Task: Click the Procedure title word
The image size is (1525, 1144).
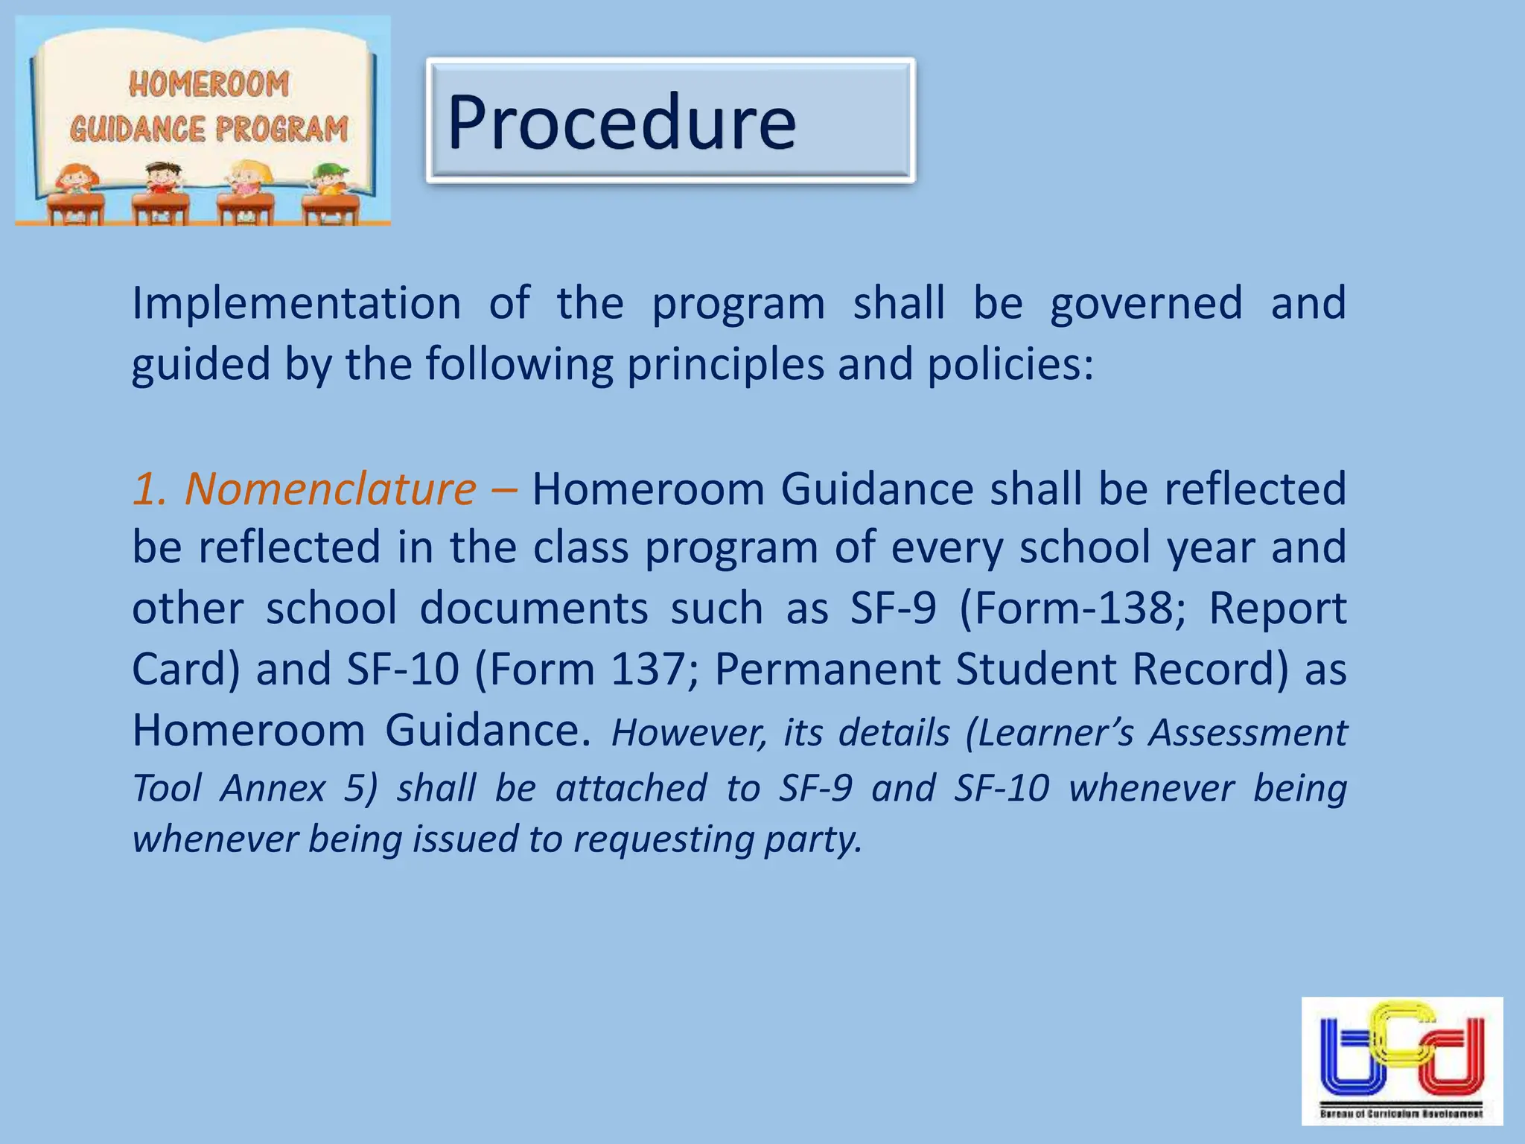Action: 622,121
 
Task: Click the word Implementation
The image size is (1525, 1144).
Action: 296,304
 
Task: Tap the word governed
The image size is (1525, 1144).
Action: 1146,304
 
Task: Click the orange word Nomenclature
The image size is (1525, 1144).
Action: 330,489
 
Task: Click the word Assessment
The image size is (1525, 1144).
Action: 1247,732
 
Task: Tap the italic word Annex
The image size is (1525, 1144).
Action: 273,788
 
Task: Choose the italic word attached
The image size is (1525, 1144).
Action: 631,788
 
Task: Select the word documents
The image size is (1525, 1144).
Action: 533,608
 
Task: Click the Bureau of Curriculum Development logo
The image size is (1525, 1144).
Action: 1401,1060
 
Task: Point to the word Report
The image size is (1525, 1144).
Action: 1277,608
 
